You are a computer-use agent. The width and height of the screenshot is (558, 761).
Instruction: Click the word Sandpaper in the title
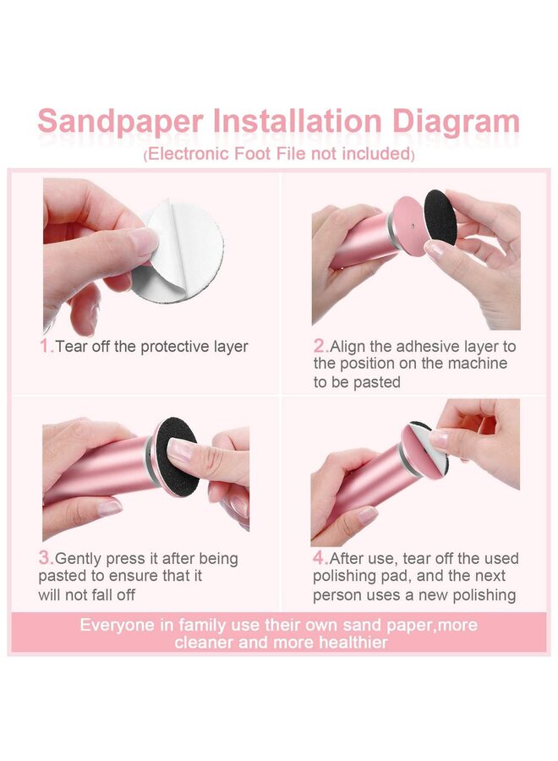click(x=119, y=121)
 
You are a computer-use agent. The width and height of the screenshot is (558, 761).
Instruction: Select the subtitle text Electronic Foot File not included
click(x=279, y=155)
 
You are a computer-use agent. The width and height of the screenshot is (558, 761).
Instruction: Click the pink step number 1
click(x=46, y=346)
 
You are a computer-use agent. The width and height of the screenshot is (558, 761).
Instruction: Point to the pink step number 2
click(x=320, y=346)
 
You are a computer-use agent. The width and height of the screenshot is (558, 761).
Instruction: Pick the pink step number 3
click(x=46, y=558)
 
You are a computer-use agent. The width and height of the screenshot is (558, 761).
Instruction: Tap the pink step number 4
click(x=320, y=558)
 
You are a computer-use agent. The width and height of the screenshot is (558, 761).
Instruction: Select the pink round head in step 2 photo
click(x=409, y=226)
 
